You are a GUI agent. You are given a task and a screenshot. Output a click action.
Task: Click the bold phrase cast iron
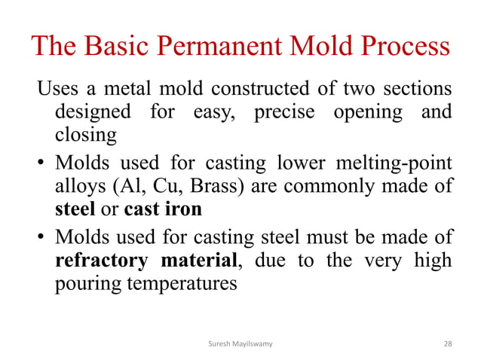163,209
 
